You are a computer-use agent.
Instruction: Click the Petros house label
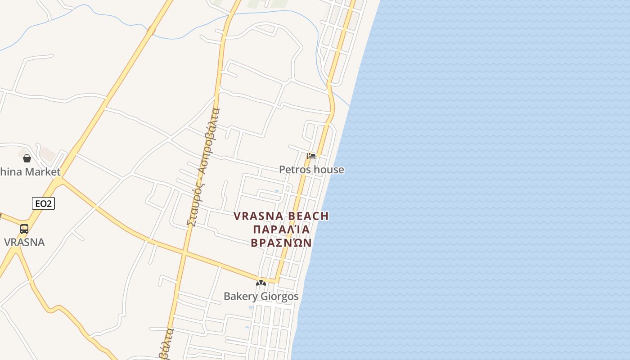click(x=311, y=170)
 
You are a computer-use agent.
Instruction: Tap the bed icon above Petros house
click(x=311, y=156)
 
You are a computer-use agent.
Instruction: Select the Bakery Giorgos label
click(x=261, y=296)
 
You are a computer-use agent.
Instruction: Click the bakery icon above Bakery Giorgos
click(x=261, y=283)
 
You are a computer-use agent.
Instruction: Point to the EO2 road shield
click(x=43, y=204)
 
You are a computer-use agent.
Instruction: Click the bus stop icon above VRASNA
click(x=24, y=229)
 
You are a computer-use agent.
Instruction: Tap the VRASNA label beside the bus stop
click(x=24, y=242)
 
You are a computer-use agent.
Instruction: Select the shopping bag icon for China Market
click(x=27, y=158)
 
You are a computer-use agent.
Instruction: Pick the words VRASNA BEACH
click(x=281, y=216)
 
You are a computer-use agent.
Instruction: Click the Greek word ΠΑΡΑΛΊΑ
click(x=281, y=229)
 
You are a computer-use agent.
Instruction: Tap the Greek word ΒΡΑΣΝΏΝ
click(x=281, y=243)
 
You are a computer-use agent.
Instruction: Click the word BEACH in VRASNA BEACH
click(x=308, y=216)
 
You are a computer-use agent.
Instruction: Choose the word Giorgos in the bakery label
click(x=279, y=297)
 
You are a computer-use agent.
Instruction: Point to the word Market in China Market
click(x=43, y=172)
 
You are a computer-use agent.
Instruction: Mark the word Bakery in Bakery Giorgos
click(x=241, y=297)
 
